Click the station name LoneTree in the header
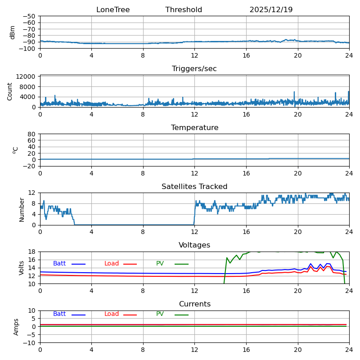(113, 10)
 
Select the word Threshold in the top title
(184, 10)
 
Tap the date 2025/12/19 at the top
(271, 10)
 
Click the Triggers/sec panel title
(194, 69)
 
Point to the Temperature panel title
(194, 128)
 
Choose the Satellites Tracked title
(194, 187)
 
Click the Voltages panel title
(194, 245)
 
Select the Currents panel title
(194, 304)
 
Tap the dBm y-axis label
(13, 32)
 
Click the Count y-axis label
(10, 91)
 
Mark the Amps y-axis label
(16, 327)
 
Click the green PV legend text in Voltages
(160, 264)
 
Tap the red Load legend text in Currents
(112, 314)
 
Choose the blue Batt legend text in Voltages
(59, 264)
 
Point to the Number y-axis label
(22, 209)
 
